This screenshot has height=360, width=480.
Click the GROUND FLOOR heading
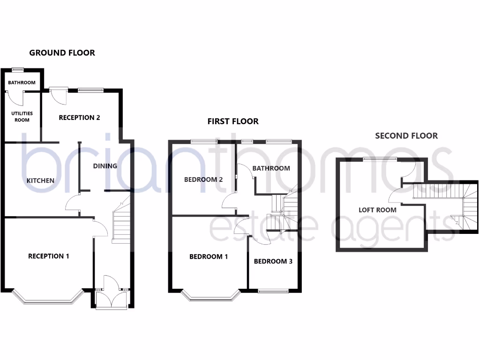62,52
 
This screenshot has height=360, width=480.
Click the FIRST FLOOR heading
233,121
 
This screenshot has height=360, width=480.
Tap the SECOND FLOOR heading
406,136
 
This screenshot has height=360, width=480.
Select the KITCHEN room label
40,180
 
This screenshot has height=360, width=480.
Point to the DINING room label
105,166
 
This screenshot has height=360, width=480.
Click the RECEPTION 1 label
49,256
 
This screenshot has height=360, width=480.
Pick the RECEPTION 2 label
79,118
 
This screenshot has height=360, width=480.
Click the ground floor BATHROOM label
22,83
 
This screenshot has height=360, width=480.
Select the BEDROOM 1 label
209,256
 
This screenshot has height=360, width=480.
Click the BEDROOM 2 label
203,180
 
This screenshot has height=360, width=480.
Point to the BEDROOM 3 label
273,261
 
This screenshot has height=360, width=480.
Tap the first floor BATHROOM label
271,168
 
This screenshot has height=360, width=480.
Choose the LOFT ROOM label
377,210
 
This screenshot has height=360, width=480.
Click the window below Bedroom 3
273,292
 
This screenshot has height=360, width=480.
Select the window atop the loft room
380,159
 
